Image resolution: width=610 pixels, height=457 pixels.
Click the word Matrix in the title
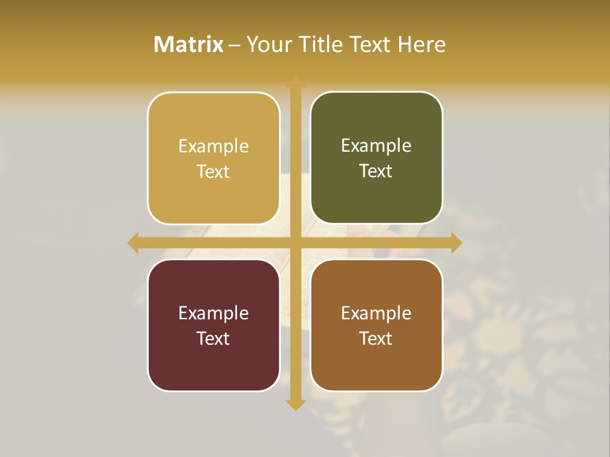[189, 44]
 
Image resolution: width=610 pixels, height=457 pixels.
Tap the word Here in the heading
[421, 44]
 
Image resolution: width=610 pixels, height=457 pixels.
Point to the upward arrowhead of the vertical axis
[295, 83]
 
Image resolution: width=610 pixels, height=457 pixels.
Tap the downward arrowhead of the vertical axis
[295, 404]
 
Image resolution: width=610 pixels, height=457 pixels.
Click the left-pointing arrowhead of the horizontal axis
[133, 242]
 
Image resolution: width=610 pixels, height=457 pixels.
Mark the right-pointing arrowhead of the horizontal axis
[456, 242]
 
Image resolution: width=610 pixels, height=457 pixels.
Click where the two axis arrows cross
[295, 242]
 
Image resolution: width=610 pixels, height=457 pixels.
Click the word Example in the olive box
[376, 146]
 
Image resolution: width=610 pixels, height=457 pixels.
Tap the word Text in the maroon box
[213, 338]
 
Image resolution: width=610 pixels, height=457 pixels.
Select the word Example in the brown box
[376, 313]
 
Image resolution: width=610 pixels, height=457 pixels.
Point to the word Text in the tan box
[213, 171]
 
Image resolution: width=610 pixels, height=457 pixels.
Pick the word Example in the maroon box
[213, 313]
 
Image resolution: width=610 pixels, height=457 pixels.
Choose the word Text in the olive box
[376, 171]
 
